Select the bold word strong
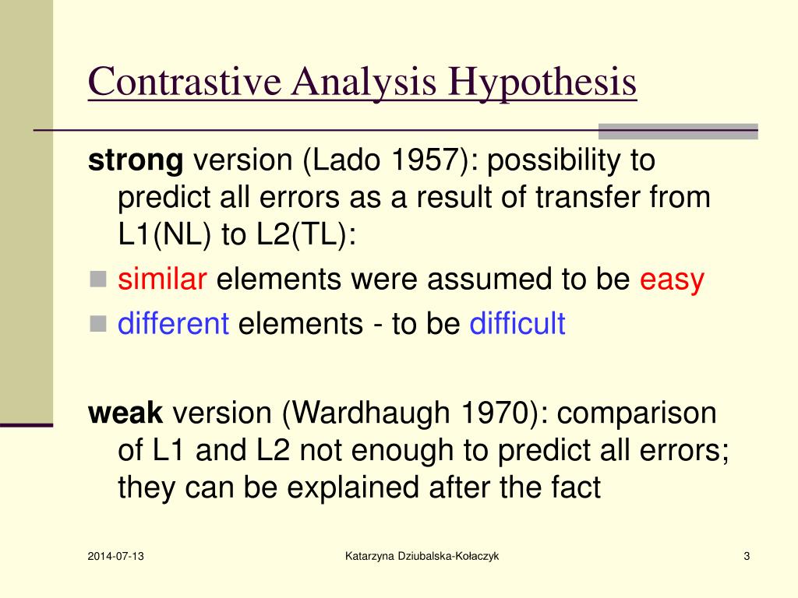pyautogui.click(x=135, y=161)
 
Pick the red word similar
pyautogui.click(x=162, y=280)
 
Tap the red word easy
pyautogui.click(x=672, y=280)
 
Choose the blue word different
pyautogui.click(x=173, y=323)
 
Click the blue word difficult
pyautogui.click(x=517, y=323)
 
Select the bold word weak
pyautogui.click(x=125, y=413)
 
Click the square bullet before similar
pyautogui.click(x=98, y=280)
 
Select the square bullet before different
pyautogui.click(x=98, y=323)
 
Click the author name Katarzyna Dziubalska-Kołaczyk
pyautogui.click(x=422, y=556)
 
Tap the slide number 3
pyautogui.click(x=747, y=556)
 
